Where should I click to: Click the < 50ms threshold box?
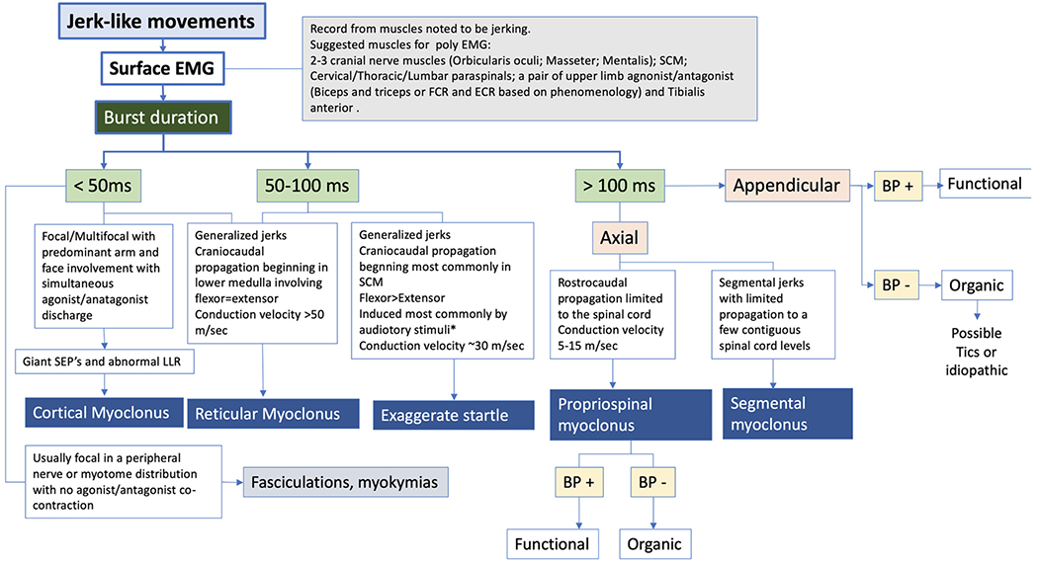click(103, 185)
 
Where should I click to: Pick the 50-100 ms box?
click(307, 185)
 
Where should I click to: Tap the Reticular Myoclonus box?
click(266, 413)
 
